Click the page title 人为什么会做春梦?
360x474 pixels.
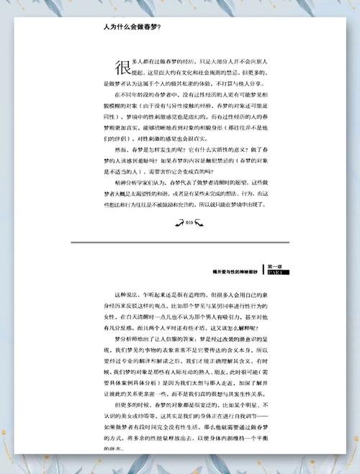click(132, 27)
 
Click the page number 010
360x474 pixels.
click(191, 223)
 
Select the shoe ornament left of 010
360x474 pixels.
click(179, 223)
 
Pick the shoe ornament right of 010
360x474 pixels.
click(204, 223)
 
